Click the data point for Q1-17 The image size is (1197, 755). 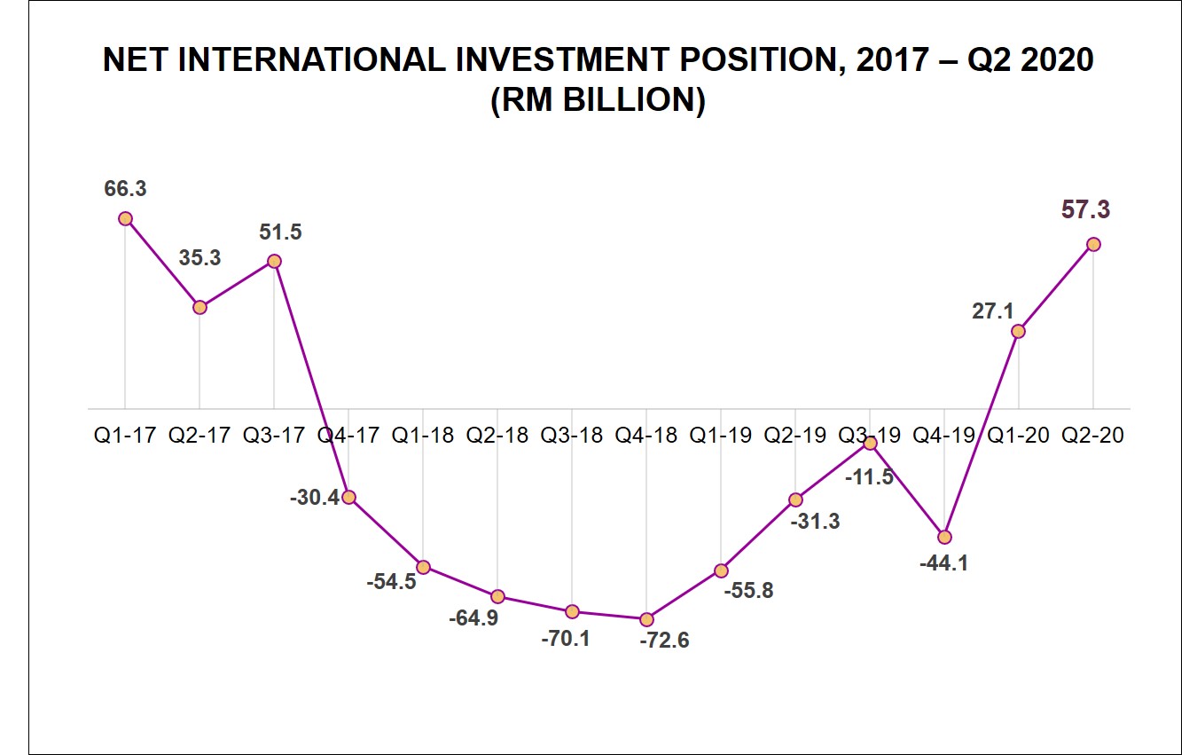125,218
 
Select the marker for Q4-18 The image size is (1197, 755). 646,619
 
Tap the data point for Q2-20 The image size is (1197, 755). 1093,244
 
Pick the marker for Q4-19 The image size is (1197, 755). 944,537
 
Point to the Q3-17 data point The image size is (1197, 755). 274,261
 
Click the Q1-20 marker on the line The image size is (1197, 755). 1019,331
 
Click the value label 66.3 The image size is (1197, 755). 125,189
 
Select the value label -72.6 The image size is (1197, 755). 664,641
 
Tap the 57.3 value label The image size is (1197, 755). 1085,210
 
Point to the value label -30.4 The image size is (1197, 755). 315,498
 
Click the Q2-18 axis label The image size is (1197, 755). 497,436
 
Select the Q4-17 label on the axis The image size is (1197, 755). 348,436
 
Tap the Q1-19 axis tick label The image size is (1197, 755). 721,436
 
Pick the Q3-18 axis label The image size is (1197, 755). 572,436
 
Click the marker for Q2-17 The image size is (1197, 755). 199,307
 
